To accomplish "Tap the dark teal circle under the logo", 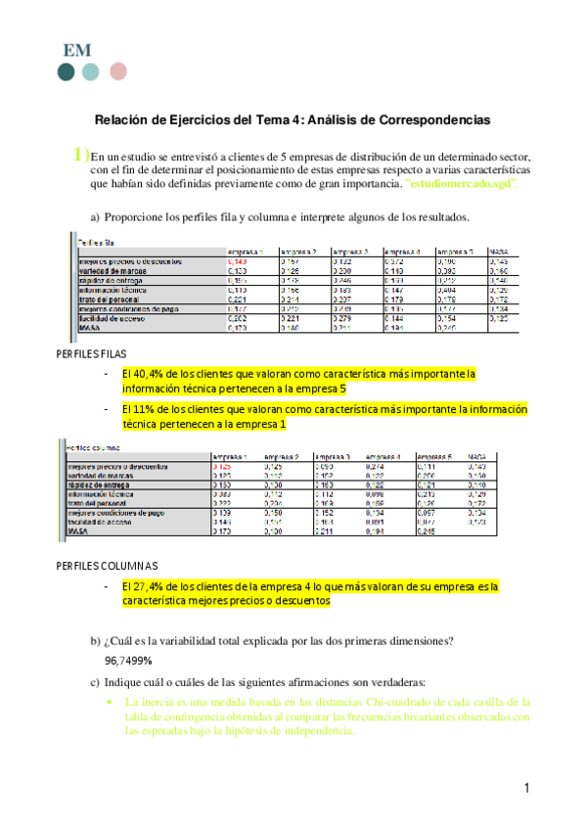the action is [x=66, y=71].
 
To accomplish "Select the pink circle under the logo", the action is [x=117, y=71].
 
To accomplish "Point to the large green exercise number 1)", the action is [x=79, y=154].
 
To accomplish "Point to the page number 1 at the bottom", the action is [x=525, y=789].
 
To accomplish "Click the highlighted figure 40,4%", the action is [x=150, y=374].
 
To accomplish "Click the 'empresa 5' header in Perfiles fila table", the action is [x=455, y=252].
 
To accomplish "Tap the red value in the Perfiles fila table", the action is [x=238, y=262].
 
